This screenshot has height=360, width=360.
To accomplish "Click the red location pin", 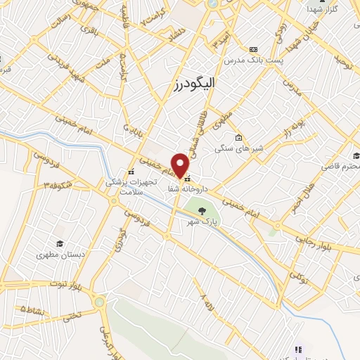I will pyautogui.click(x=181, y=165).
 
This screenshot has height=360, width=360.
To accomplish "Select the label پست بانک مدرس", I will pyautogui.click(x=255, y=61).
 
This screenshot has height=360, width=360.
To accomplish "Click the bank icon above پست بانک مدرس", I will pyautogui.click(x=253, y=49).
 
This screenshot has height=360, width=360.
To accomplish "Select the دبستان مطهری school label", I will pyautogui.click(x=60, y=255).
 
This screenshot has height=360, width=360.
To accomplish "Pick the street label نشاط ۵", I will pyautogui.click(x=35, y=307).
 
